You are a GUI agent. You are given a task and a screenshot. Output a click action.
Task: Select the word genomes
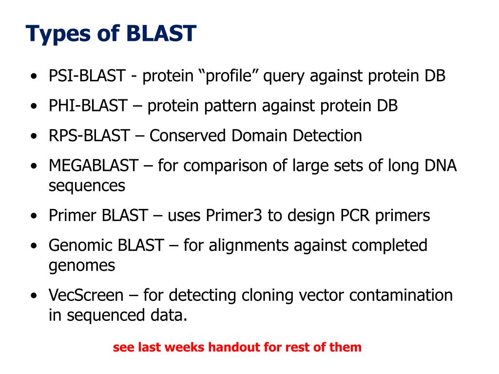(81, 266)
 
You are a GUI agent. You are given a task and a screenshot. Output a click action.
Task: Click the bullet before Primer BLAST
(33, 216)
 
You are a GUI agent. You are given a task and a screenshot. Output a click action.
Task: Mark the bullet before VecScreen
(33, 296)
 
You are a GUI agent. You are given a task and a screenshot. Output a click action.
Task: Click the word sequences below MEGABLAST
(87, 186)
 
